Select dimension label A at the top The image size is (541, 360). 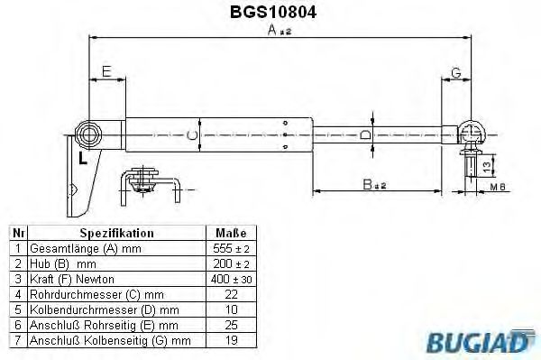point(273,30)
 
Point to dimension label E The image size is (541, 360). point(105,70)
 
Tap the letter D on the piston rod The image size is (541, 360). point(364,134)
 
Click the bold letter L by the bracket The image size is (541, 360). point(82,160)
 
